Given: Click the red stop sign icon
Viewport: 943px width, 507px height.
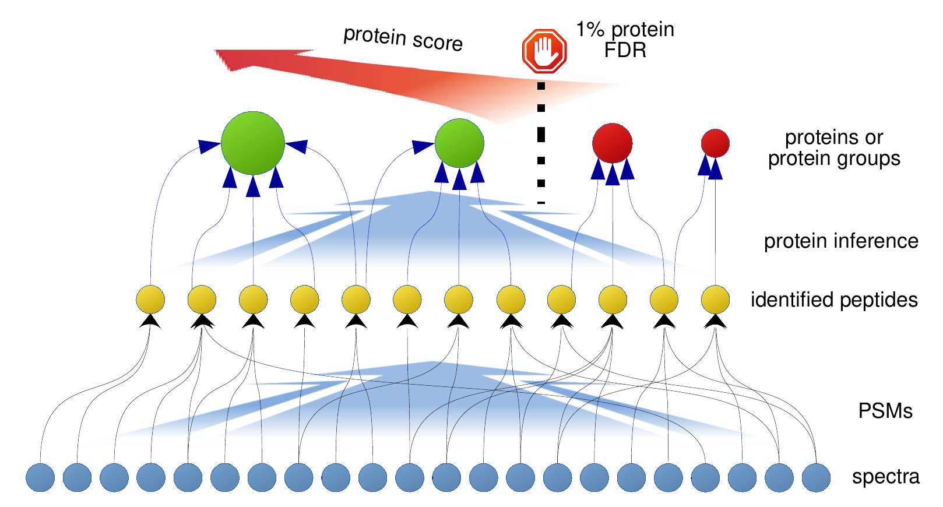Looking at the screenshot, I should (544, 51).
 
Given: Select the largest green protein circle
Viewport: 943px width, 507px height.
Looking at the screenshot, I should (253, 143).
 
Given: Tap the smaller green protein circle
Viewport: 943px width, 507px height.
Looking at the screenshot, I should (459, 143).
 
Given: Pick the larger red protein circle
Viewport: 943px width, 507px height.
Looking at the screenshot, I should (612, 143).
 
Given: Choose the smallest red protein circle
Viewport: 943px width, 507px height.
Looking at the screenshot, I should (715, 143).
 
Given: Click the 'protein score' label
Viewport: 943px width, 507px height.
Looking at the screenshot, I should (403, 38).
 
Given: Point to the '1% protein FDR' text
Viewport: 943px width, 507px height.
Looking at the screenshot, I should (625, 40).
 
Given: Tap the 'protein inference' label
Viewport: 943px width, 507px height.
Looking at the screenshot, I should (841, 241).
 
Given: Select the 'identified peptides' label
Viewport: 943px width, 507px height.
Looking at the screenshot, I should (834, 300).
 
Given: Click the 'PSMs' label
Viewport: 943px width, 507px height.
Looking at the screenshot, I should (885, 411).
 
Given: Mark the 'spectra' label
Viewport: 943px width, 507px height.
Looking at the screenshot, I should (885, 477).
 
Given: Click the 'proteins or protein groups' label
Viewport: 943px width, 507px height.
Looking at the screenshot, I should (834, 148).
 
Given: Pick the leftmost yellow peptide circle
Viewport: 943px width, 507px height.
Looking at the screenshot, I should (150, 300).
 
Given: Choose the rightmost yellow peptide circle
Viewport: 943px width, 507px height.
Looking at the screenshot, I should (715, 300).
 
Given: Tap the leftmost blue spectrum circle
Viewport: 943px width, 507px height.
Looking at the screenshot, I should (40, 477).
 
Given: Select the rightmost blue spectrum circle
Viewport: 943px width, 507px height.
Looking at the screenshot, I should (816, 477).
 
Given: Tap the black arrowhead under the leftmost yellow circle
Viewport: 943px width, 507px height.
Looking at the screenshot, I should (150, 321).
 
